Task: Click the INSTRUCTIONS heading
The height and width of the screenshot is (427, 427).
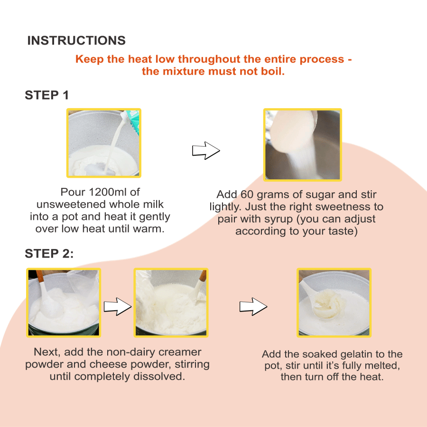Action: coord(76,41)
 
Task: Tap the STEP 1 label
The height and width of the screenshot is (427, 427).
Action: coord(46,95)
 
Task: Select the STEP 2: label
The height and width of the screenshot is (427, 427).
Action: coord(49,254)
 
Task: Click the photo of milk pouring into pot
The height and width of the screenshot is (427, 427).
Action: coord(103,143)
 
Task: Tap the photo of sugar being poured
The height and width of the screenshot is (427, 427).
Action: coord(302,145)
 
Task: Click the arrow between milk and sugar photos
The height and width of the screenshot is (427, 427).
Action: coord(205,150)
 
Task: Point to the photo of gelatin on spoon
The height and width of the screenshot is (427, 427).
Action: coord(334,302)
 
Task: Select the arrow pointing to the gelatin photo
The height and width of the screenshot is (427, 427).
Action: coord(253,306)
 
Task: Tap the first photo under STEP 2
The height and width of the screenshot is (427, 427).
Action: coord(63,302)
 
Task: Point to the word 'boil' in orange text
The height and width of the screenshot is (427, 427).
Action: coord(272,72)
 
